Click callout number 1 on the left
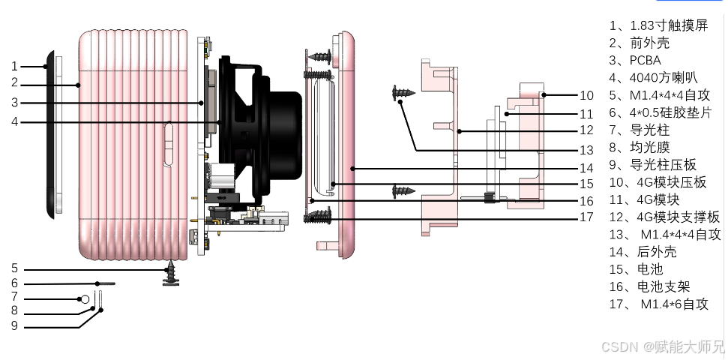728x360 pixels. point(14,66)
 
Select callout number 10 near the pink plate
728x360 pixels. point(586,95)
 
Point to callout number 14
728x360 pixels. point(586,168)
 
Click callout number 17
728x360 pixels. point(586,217)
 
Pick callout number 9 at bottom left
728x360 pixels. point(14,325)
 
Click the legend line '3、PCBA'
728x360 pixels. point(635,61)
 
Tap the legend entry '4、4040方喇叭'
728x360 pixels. point(653,78)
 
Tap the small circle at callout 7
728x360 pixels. point(85,299)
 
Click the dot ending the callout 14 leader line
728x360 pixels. point(352,168)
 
